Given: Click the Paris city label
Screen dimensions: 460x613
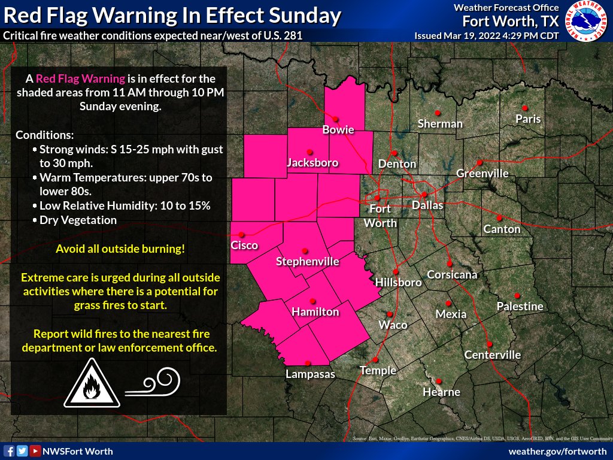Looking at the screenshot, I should [528, 119].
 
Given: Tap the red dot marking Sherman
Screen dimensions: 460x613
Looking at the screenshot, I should [438, 113].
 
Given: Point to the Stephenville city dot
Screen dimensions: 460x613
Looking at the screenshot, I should [304, 251].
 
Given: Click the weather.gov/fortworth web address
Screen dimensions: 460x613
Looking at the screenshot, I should [557, 451].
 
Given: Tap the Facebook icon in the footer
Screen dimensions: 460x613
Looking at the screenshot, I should [9, 451].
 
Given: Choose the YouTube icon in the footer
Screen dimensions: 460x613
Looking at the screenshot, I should [35, 451].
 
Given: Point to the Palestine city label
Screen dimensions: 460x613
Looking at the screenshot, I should [520, 307].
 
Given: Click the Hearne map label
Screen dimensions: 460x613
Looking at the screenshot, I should [441, 392].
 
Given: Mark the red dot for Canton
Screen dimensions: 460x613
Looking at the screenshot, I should [499, 218].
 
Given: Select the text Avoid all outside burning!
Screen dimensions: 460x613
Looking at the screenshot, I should [120, 249].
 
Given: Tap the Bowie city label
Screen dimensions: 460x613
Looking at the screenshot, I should [338, 129].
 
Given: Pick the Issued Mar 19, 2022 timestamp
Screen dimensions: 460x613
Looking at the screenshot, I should [486, 36].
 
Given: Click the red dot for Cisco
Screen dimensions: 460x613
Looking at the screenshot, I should [241, 234].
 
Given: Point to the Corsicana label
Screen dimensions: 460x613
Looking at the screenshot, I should [452, 275].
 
